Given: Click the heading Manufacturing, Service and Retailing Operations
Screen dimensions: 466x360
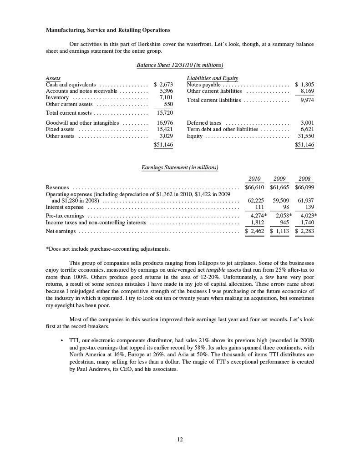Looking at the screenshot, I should (x=108, y=30).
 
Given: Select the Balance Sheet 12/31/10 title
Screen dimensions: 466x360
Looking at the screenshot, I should (x=180, y=65).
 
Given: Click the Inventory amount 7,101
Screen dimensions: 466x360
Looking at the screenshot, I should (x=165, y=97).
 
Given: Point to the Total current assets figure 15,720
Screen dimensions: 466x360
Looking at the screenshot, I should (x=164, y=113).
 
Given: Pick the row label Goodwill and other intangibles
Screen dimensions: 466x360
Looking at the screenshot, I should (x=82, y=123).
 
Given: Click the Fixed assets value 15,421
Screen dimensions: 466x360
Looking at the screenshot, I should (x=164, y=129).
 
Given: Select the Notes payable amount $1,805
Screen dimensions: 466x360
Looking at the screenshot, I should (x=304, y=85).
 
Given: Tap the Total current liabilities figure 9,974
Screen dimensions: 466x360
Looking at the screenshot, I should (x=306, y=100).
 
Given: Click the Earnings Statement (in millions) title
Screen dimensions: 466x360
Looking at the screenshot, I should (x=180, y=168).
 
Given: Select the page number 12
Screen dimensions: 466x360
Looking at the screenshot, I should (x=180, y=439).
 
